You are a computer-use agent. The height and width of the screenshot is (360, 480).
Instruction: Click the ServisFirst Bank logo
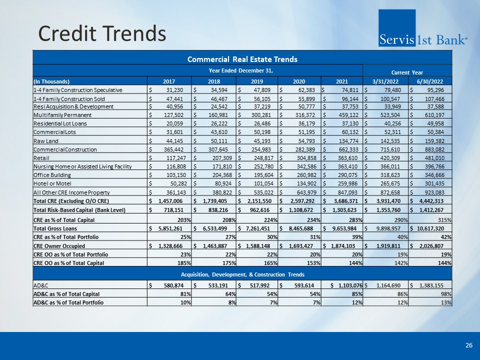coord(423,28)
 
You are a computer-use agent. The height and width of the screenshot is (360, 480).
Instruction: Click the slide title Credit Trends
coord(102,33)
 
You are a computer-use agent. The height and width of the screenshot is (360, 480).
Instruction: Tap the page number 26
coord(468,345)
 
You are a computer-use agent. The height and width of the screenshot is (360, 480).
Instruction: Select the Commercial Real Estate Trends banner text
coord(242,59)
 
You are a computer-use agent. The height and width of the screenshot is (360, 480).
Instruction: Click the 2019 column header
coord(257,81)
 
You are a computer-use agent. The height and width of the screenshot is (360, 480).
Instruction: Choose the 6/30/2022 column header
coord(430,81)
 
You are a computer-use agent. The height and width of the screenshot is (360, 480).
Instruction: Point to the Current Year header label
coord(407,72)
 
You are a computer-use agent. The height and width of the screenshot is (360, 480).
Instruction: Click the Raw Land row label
coord(45,141)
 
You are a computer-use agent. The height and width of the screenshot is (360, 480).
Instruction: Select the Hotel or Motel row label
coord(52,183)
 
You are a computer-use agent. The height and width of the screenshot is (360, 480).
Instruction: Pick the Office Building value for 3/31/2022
coord(389,175)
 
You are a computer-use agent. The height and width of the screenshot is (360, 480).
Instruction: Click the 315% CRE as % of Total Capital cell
coord(444,220)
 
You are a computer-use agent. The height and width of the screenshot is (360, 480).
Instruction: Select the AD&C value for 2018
coord(218,285)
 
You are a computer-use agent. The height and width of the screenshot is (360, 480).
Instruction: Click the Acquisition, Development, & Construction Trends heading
coord(242,274)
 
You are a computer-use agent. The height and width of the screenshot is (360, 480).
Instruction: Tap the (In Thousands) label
coord(51,81)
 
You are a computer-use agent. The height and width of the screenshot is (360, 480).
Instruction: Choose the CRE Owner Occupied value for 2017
coord(170,246)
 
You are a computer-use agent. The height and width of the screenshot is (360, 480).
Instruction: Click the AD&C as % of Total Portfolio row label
coord(68,302)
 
